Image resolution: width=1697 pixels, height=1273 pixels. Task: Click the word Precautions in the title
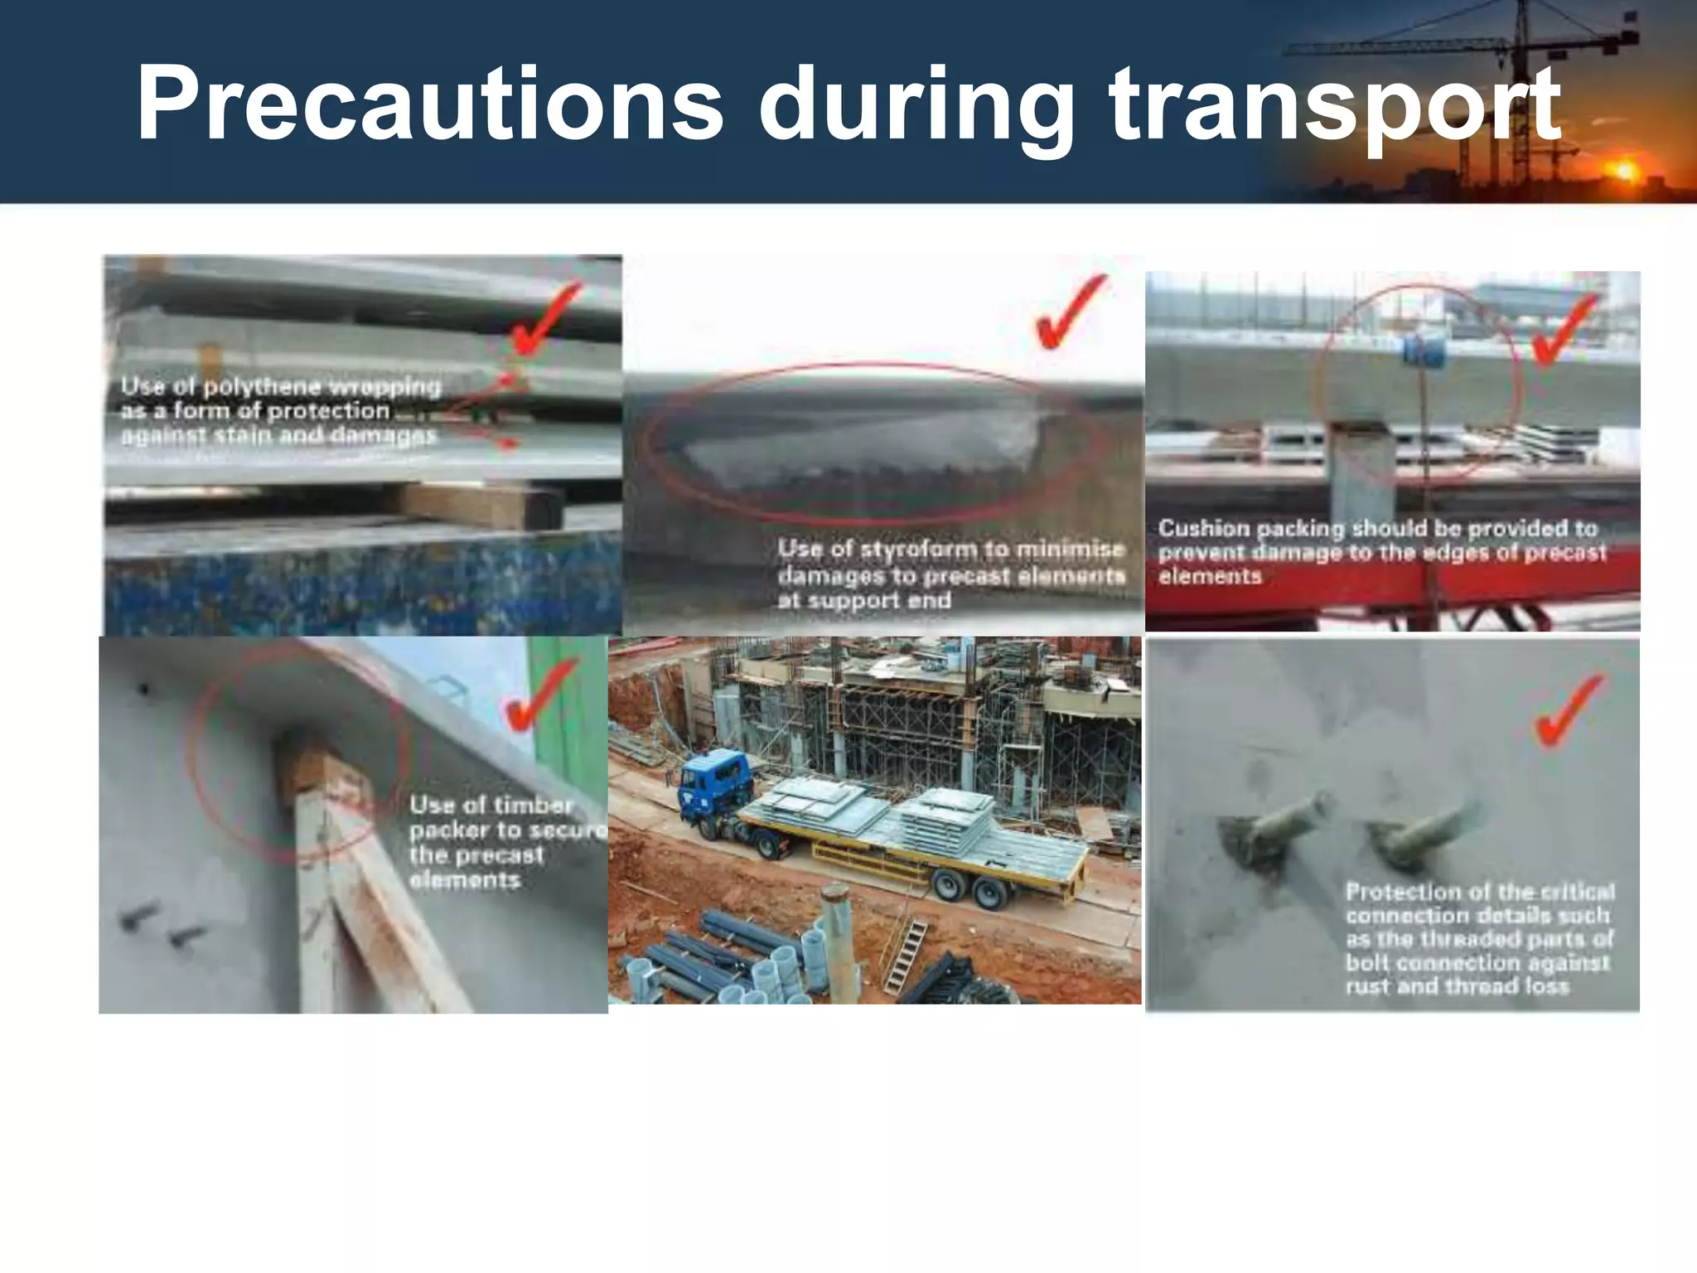tap(429, 105)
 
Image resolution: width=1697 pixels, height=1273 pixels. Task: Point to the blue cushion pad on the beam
tap(1424, 351)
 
